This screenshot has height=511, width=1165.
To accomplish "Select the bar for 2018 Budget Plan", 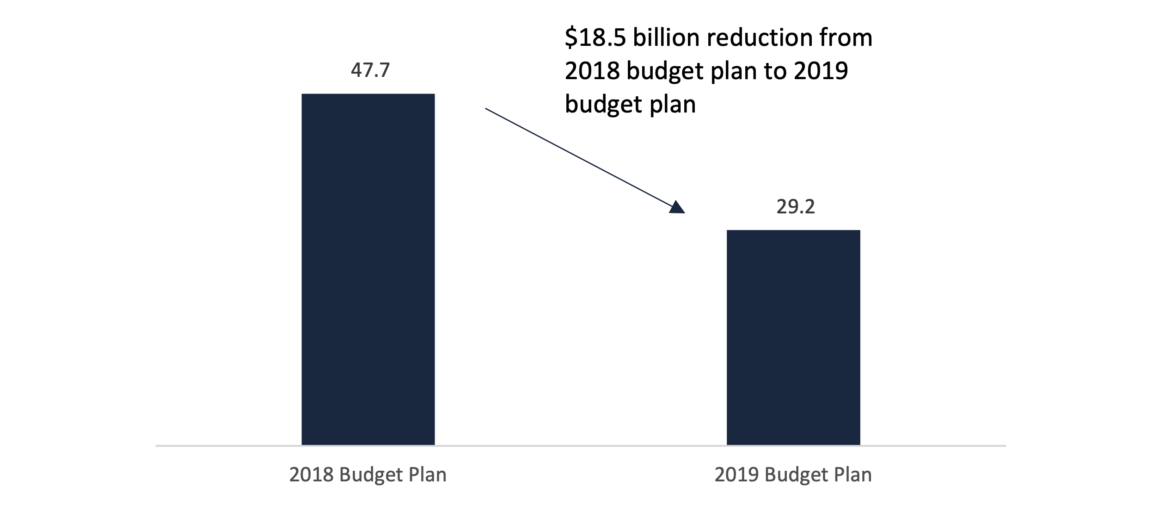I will [x=368, y=269].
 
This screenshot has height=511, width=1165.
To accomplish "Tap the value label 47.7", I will [x=370, y=70].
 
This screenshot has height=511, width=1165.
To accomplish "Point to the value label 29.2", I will [x=796, y=206].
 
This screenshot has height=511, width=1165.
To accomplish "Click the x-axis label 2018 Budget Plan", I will [x=368, y=475].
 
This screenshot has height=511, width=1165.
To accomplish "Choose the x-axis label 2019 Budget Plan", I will [x=793, y=475].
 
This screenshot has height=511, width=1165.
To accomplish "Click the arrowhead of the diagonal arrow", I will [x=677, y=208].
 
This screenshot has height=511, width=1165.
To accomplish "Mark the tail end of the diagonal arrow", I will [x=486, y=109].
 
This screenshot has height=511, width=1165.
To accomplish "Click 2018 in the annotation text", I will [x=592, y=71].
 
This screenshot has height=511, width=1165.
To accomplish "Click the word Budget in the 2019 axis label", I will [x=791, y=475].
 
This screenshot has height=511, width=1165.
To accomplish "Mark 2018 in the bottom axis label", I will [x=312, y=475].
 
